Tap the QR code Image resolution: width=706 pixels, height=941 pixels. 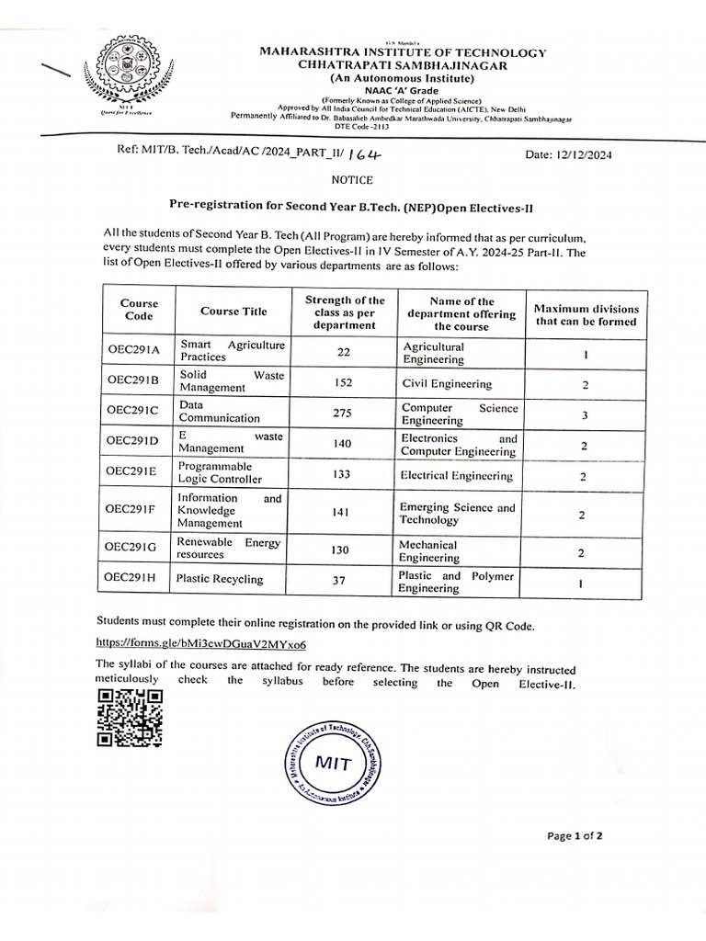point(130,717)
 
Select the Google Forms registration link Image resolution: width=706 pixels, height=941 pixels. point(201,644)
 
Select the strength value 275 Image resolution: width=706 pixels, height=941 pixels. point(343,413)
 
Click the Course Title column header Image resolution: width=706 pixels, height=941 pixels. point(233,311)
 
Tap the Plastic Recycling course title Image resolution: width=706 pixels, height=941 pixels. point(220,579)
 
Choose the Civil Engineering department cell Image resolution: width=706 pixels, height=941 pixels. point(447,384)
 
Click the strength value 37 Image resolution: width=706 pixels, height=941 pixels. point(343,580)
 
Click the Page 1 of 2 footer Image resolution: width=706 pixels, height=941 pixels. point(575,835)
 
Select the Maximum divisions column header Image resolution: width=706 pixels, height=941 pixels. point(586,315)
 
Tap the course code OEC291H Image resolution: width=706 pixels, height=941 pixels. point(133,578)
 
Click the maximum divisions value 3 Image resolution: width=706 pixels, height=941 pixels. point(584,415)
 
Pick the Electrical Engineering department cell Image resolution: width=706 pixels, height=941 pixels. point(456,475)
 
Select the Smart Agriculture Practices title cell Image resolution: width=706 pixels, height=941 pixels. point(233,350)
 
